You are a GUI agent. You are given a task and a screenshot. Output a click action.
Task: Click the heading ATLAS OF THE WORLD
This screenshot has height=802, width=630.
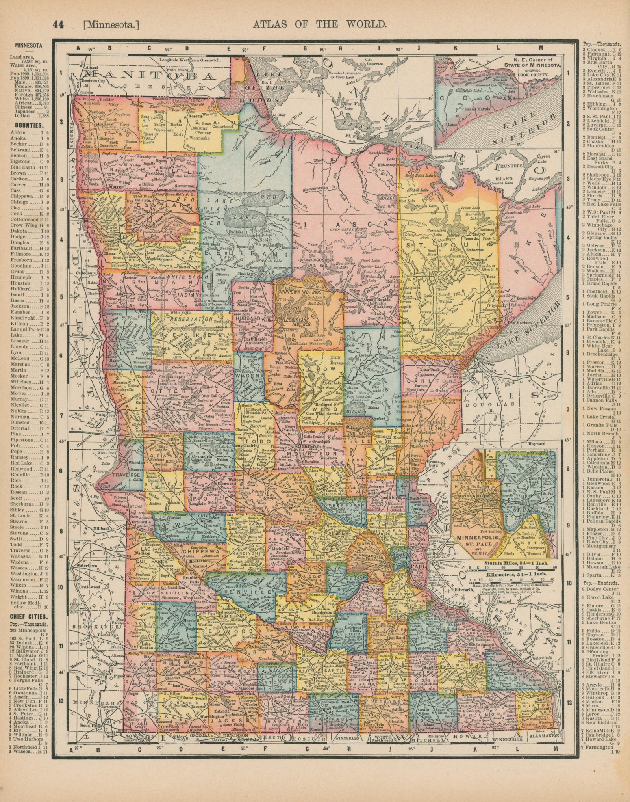tap(319, 24)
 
